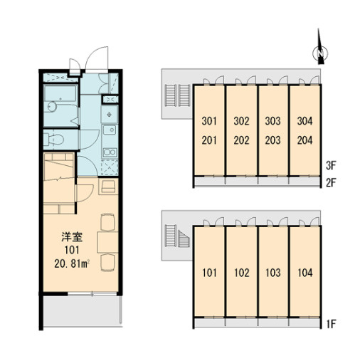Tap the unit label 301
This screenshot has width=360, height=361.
click(x=209, y=121)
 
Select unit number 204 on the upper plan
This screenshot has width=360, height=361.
click(x=305, y=140)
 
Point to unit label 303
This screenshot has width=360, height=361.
click(x=272, y=121)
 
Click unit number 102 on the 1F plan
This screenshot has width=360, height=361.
click(x=242, y=273)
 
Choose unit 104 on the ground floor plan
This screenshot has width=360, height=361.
click(x=305, y=273)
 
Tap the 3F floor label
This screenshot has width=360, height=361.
click(x=331, y=165)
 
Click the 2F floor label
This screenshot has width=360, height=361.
click(x=331, y=182)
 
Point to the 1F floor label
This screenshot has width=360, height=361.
click(x=332, y=324)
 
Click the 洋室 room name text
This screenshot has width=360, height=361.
click(x=72, y=237)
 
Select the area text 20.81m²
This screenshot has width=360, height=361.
click(x=72, y=263)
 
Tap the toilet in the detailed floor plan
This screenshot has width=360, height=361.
click(x=53, y=140)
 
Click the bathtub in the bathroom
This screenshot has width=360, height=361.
click(x=60, y=93)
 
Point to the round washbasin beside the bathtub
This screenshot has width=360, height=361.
click(x=51, y=107)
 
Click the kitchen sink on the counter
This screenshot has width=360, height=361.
click(x=110, y=130)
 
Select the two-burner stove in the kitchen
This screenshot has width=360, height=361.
click(x=110, y=152)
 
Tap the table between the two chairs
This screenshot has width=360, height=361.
click(x=107, y=242)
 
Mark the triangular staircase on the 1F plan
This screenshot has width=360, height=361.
click(x=184, y=239)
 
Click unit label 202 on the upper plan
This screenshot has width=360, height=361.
click(x=241, y=140)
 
